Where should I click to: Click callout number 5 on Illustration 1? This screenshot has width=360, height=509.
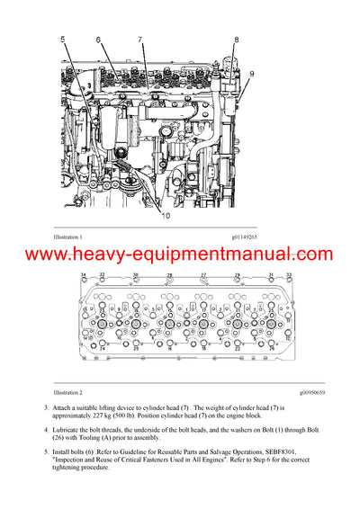(63, 40)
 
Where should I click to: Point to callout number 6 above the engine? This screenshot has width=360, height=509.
(98, 40)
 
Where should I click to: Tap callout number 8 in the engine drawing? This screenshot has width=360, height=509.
(237, 40)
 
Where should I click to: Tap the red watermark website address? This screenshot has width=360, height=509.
(179, 254)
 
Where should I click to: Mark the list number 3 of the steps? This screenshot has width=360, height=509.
(45, 409)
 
